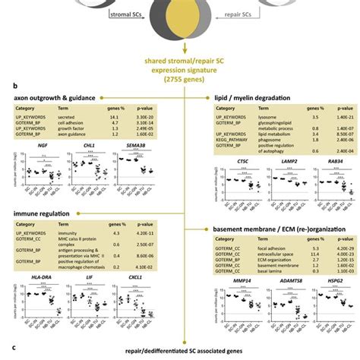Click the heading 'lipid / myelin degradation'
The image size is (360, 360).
pos(264,99)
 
